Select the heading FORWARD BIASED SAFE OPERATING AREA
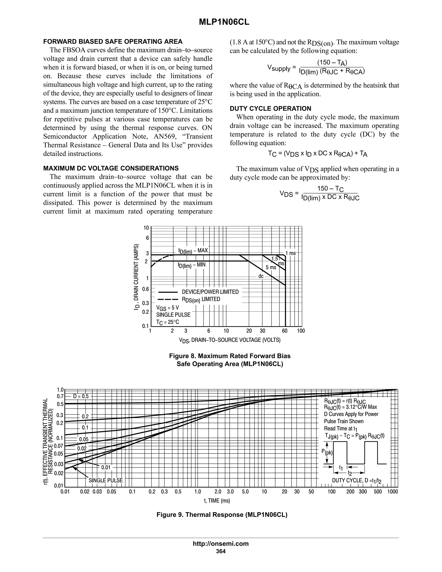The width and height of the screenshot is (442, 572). click(x=113, y=42)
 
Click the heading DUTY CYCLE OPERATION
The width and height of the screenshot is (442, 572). click(x=270, y=108)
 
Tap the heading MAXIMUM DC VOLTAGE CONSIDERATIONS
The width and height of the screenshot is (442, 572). click(x=111, y=168)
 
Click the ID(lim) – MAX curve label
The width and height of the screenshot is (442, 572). click(x=193, y=251)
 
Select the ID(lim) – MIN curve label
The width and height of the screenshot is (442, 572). click(x=192, y=265)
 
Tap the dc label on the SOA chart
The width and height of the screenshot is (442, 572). click(x=261, y=276)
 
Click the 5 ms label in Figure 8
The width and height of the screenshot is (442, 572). click(x=271, y=267)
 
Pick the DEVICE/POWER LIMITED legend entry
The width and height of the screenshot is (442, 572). click(x=210, y=292)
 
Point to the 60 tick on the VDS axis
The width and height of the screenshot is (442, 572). click(x=285, y=331)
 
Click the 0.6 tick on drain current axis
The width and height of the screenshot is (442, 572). click(x=145, y=289)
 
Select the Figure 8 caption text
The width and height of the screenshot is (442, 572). click(x=230, y=360)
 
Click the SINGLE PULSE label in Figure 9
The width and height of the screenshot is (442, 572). click(x=106, y=480)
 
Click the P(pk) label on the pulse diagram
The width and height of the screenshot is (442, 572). click(x=327, y=452)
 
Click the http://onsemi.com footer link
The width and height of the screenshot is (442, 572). click(x=221, y=544)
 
